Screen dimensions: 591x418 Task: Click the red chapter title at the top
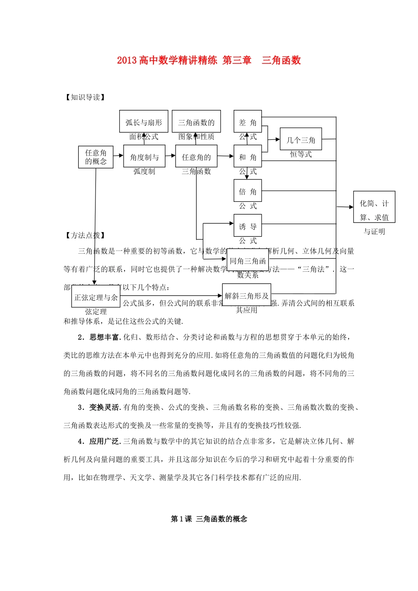(209, 60)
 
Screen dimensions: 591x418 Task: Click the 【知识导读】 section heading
(85, 97)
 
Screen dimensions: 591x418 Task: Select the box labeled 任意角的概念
(95, 157)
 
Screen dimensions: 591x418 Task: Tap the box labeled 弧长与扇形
(143, 121)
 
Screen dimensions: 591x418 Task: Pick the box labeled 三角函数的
(196, 121)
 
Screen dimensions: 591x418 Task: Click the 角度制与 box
(144, 156)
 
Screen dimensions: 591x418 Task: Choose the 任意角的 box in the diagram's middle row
(196, 156)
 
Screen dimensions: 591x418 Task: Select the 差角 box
(248, 121)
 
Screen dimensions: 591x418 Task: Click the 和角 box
(248, 156)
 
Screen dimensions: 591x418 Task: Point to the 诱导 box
(248, 226)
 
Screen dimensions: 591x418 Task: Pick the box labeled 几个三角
(301, 139)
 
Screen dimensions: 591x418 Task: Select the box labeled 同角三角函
(248, 260)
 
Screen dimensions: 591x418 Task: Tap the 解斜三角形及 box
(246, 295)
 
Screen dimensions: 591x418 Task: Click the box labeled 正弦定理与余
(96, 297)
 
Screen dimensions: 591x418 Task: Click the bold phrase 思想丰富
(104, 337)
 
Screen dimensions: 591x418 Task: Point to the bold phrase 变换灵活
(104, 407)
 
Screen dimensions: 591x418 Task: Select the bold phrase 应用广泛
(104, 441)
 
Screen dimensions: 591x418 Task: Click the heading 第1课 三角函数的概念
(209, 519)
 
